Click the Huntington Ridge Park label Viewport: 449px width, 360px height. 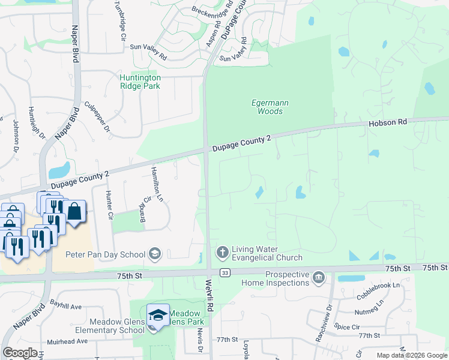(x=140, y=82)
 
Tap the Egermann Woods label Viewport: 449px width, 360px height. (x=270, y=107)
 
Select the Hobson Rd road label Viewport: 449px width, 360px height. (x=387, y=122)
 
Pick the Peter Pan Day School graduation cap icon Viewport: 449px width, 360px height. (x=155, y=254)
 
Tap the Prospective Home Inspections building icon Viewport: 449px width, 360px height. (x=319, y=277)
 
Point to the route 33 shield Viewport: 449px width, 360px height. (x=224, y=273)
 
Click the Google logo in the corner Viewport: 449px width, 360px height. (x=20, y=352)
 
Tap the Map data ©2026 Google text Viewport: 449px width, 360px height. (x=411, y=355)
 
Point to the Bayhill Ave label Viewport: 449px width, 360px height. (x=66, y=306)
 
